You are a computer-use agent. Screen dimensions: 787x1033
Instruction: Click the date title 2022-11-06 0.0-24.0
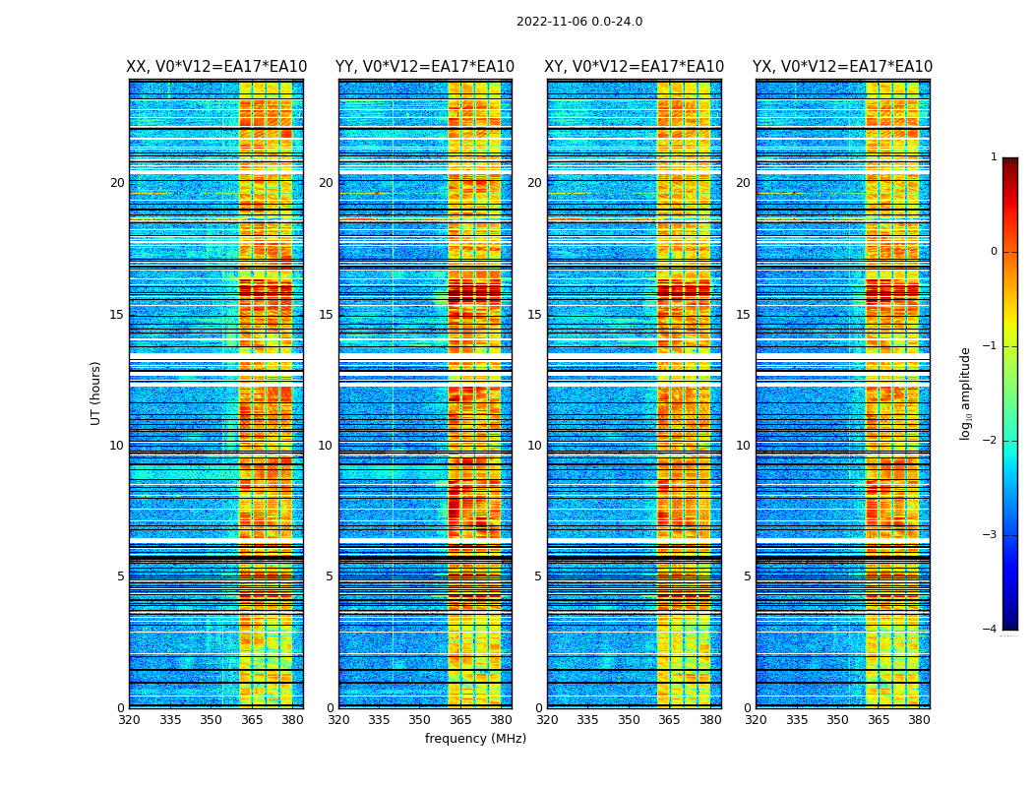579,22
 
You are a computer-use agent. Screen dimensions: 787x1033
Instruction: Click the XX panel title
216,67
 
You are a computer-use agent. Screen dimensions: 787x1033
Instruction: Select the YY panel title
425,67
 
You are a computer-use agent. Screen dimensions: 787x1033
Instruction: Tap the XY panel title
635,67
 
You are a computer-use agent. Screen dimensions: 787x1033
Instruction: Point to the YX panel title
843,67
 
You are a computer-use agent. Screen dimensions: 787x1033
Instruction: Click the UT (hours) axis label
95,393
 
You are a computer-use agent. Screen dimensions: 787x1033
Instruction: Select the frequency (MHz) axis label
475,739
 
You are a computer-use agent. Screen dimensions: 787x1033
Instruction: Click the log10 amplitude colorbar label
966,393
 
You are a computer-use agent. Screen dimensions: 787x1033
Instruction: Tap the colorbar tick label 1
994,157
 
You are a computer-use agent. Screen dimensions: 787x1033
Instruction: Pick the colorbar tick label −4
991,630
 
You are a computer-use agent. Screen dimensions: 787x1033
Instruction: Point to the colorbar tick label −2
991,441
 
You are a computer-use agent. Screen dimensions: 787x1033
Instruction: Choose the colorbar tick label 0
994,252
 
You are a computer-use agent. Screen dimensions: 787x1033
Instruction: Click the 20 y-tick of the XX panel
117,183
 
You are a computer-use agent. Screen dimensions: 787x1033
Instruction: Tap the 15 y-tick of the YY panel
326,315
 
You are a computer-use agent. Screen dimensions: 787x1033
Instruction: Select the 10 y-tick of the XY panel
534,446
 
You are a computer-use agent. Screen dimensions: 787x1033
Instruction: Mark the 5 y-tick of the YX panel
747,576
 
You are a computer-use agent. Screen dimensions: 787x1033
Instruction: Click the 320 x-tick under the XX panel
129,720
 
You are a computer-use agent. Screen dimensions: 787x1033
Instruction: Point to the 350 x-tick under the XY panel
629,720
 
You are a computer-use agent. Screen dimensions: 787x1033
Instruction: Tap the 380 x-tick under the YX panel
919,720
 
